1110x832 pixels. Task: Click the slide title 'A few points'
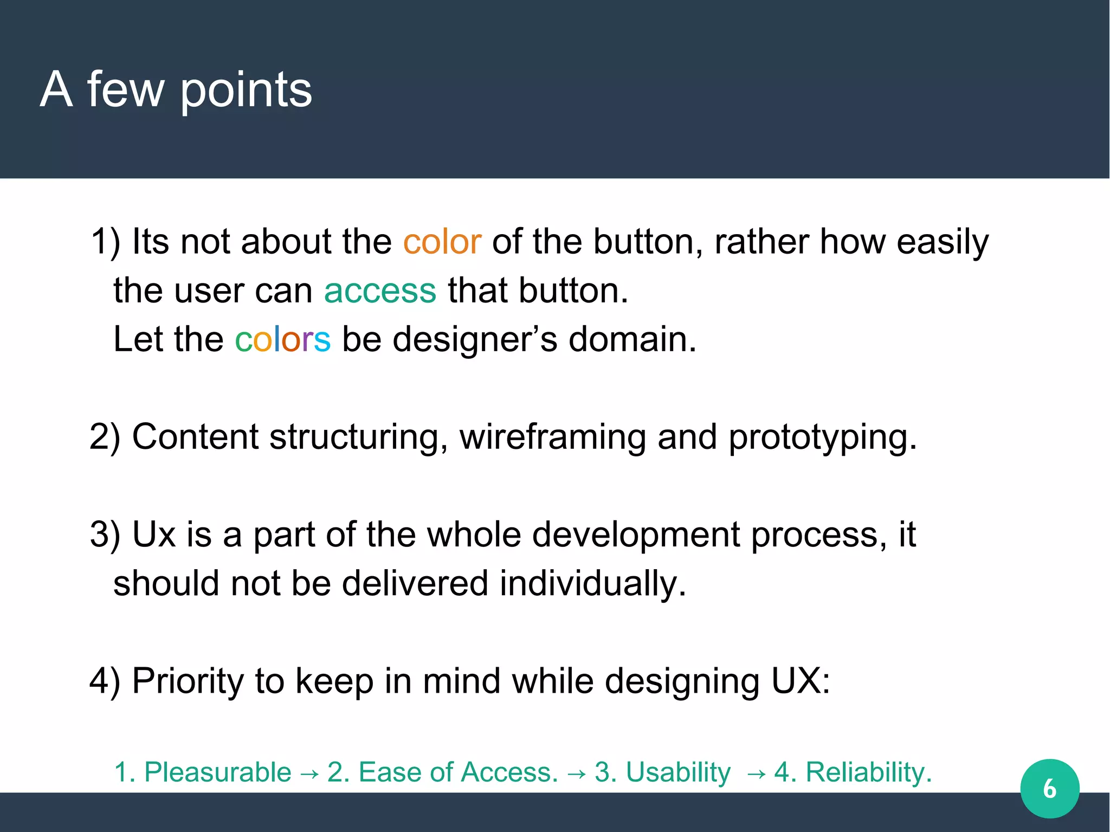click(x=176, y=89)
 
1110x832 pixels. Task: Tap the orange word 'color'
click(x=442, y=242)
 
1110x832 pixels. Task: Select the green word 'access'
click(x=380, y=291)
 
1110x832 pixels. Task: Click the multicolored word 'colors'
click(x=282, y=339)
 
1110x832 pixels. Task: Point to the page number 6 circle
click(x=1049, y=788)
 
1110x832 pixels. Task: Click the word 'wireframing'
click(x=553, y=437)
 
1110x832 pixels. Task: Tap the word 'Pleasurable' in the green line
click(x=217, y=772)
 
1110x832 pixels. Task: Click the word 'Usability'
click(x=678, y=772)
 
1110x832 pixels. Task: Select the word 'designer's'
click(x=474, y=339)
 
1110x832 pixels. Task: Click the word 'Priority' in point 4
click(x=188, y=681)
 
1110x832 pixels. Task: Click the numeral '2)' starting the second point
click(x=105, y=437)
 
